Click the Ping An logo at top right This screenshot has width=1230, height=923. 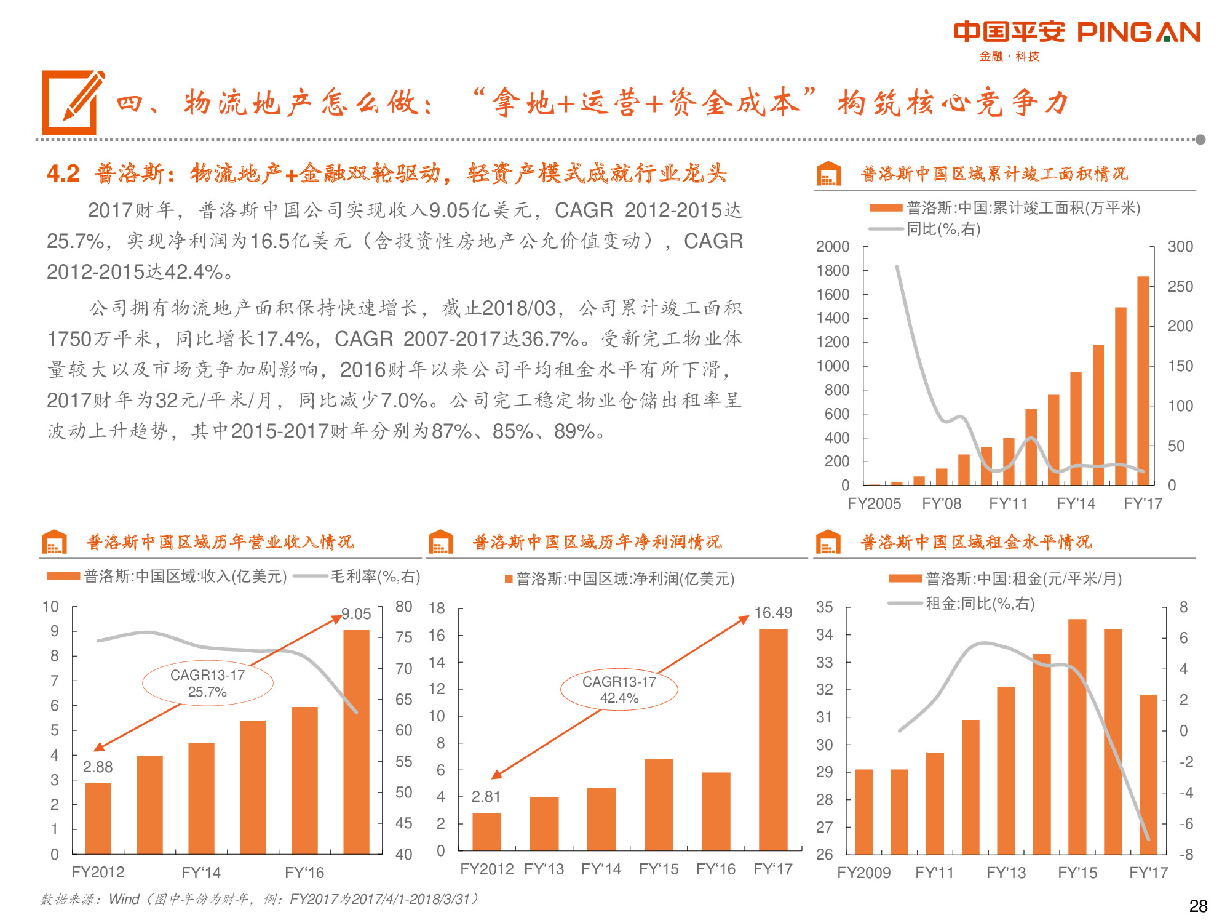[x=1076, y=38]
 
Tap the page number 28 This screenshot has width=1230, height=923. [x=1198, y=906]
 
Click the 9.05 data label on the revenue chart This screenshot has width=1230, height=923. [x=357, y=613]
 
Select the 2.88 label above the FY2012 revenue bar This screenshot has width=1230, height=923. [x=98, y=767]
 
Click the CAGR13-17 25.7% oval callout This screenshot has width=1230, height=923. [x=207, y=683]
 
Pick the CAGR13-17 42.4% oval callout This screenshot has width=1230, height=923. [x=619, y=690]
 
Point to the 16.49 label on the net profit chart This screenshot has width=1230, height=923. [x=773, y=612]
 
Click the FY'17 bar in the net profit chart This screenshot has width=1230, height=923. [x=773, y=738]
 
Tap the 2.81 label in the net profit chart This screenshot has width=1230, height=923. [x=486, y=796]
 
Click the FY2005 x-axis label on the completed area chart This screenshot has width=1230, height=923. [x=874, y=503]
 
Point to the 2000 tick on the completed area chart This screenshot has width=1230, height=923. [x=832, y=246]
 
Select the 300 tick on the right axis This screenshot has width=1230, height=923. [x=1180, y=246]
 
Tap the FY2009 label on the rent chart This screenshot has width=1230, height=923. [x=863, y=873]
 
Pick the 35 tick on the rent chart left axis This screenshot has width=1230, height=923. [x=824, y=607]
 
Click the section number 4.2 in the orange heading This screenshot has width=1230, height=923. [x=63, y=174]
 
